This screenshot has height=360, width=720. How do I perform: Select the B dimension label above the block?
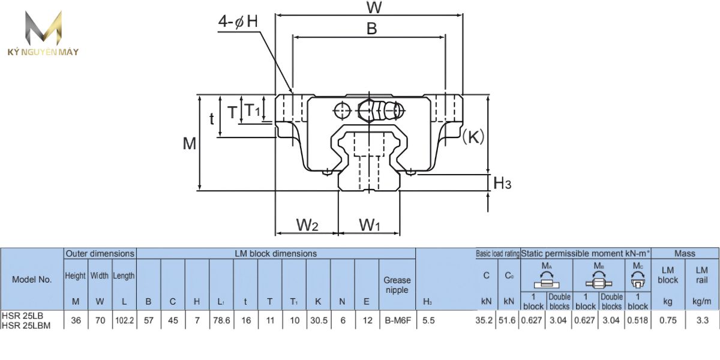coord(372,28)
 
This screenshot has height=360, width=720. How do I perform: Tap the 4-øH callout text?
coord(238,22)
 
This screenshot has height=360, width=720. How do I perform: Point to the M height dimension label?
coord(190,143)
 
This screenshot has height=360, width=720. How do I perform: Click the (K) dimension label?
coord(473,137)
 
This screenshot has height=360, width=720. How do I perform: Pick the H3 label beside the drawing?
coord(502,183)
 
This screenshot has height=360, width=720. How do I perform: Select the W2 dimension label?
coord(307,225)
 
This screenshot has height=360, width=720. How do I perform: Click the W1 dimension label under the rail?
coord(370,225)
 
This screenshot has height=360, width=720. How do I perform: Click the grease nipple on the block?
coord(384,109)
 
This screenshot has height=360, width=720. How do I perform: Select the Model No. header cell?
coord(32,279)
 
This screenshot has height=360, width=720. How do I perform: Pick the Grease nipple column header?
coord(397,284)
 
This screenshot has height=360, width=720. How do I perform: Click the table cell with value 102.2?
coord(124,321)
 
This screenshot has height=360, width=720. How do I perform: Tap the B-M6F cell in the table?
coord(397,321)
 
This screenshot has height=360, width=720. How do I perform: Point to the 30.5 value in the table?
coord(317,321)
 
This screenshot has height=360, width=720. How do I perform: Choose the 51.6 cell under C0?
coord(509,321)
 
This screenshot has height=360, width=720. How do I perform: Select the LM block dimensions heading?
coord(276,254)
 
